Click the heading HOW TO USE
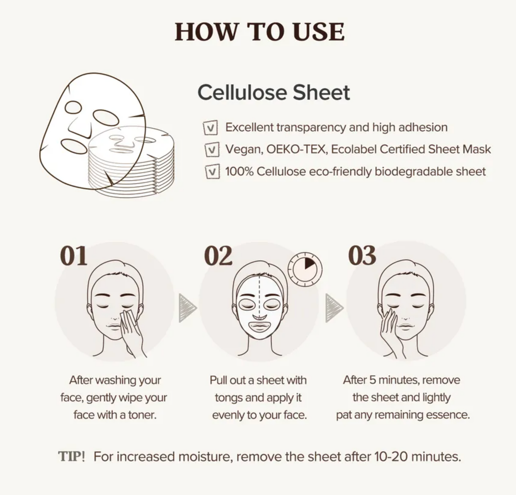tap(260, 32)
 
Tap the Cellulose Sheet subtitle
tap(274, 92)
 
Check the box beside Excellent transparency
tap(211, 128)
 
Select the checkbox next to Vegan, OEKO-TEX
tap(212, 150)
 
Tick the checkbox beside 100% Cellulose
tap(212, 171)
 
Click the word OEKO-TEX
tap(296, 149)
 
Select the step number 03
tap(362, 256)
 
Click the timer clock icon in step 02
tap(305, 269)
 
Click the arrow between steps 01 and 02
tap(188, 308)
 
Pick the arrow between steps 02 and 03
tap(335, 308)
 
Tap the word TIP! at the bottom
tap(71, 456)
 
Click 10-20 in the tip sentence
tap(391, 456)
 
